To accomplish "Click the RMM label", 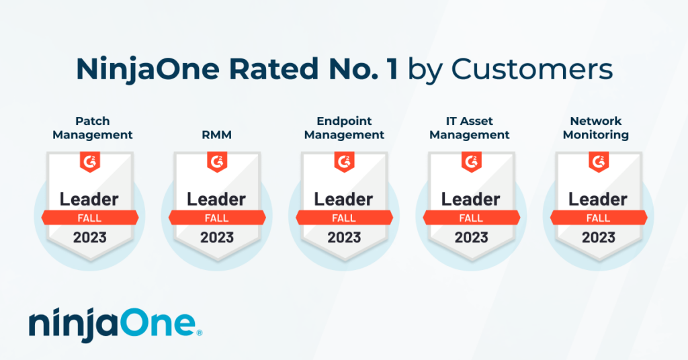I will click(x=217, y=134).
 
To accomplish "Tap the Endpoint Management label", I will click(x=344, y=128).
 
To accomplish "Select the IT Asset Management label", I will click(x=470, y=128).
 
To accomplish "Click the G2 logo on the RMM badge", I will click(x=217, y=162).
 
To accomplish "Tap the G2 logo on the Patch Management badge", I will click(x=89, y=162).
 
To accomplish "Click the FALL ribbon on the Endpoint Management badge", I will click(x=344, y=218).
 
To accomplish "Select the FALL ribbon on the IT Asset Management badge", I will click(x=471, y=218).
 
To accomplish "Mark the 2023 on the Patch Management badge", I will click(x=89, y=237).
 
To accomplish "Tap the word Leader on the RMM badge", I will click(x=217, y=199).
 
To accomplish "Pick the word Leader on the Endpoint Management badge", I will click(x=344, y=199).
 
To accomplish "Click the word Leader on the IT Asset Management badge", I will click(x=471, y=199).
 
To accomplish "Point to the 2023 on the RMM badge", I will click(x=217, y=237).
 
